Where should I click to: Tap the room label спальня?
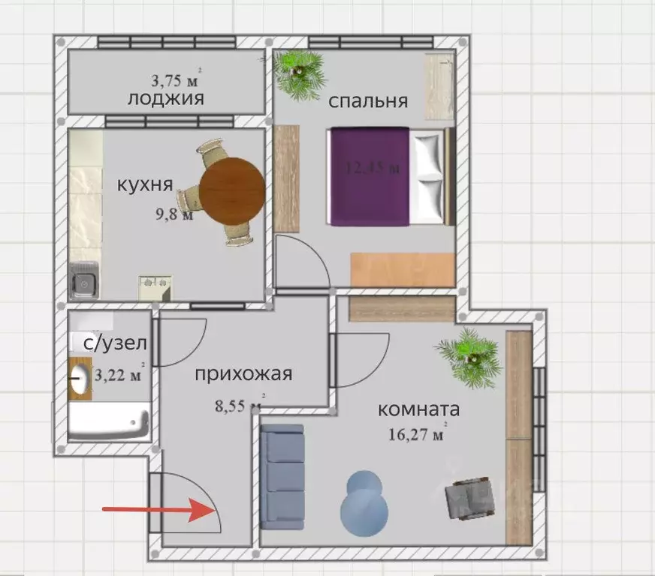[x=368, y=100]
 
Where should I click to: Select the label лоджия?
[x=166, y=98]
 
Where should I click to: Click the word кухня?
[x=146, y=184]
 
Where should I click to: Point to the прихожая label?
[x=243, y=373]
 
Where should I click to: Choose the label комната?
[x=418, y=409]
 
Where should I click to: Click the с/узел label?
[x=115, y=343]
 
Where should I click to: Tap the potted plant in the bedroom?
[x=300, y=73]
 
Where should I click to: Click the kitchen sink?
[x=83, y=283]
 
